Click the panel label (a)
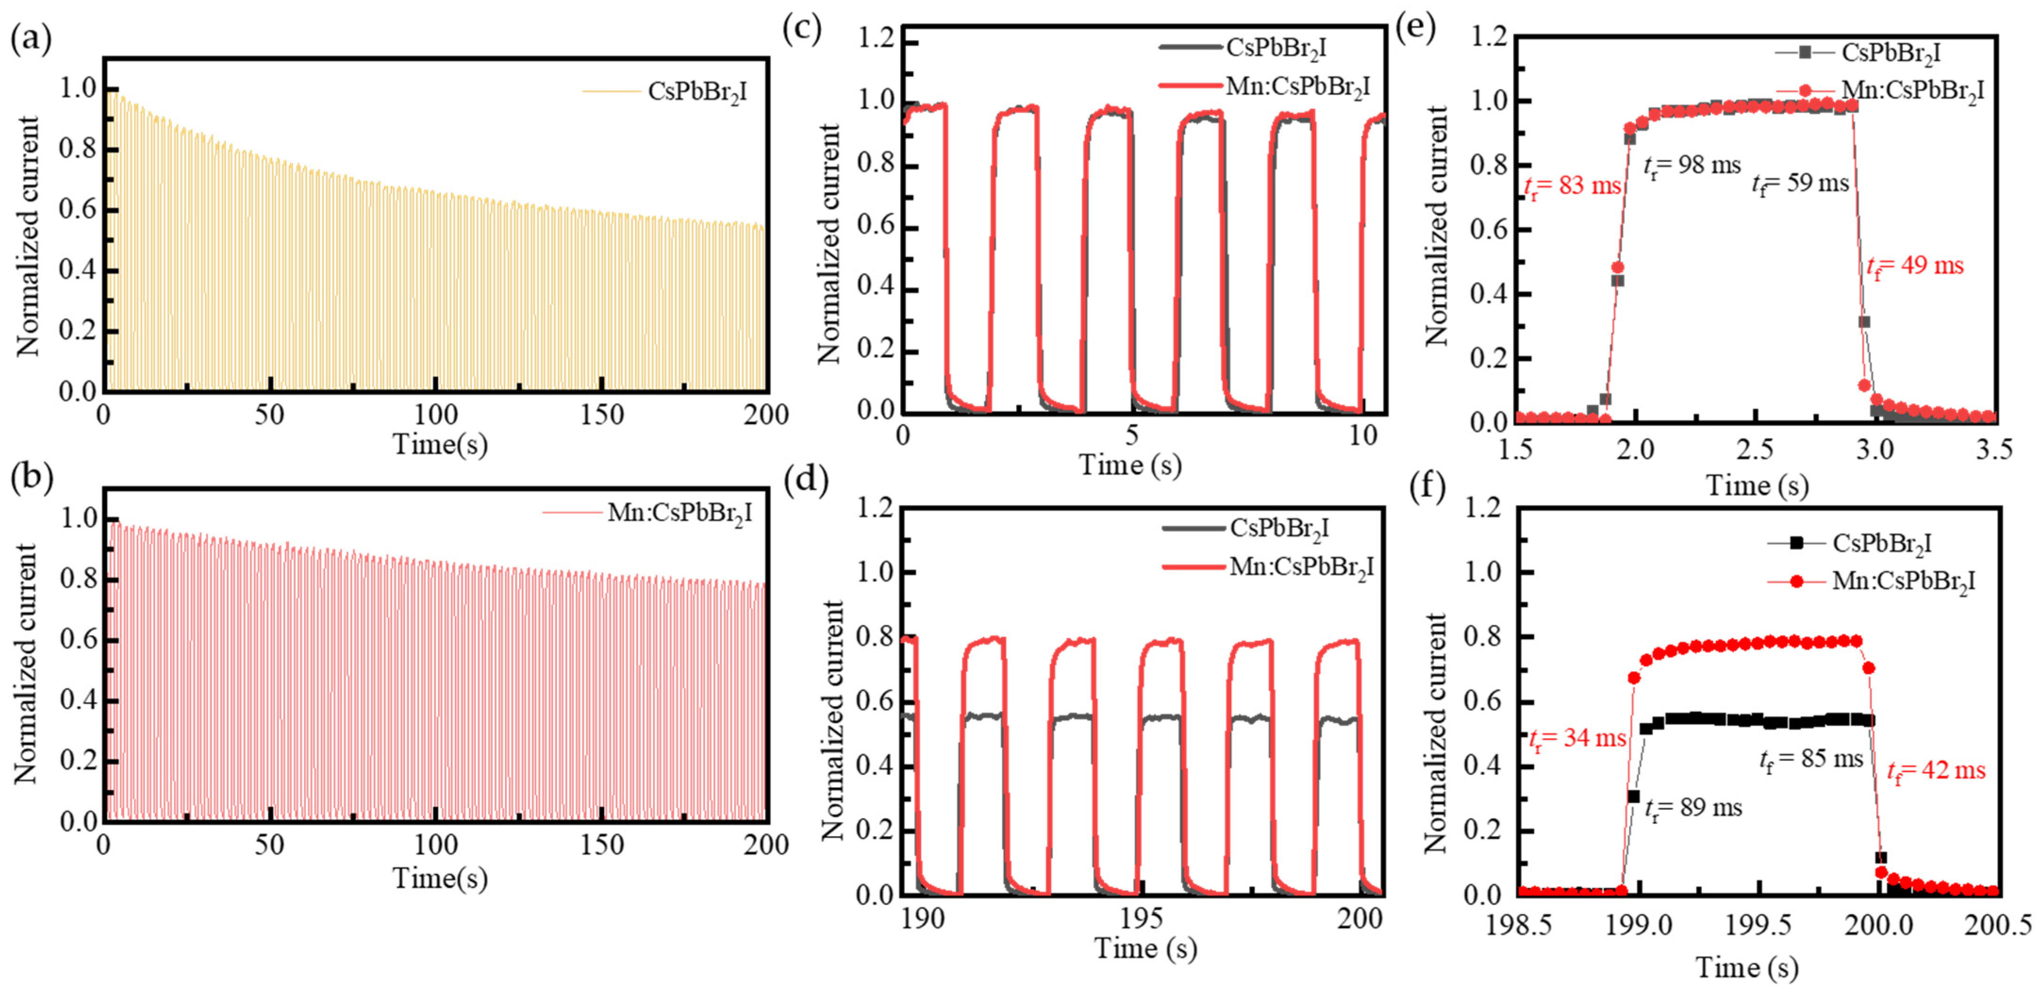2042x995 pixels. pos(30,39)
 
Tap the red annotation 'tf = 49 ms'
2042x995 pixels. pos(1914,266)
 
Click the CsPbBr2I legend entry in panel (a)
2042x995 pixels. pos(696,93)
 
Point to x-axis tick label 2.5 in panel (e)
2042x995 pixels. pos(1754,450)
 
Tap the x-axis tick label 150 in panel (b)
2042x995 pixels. pos(602,845)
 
